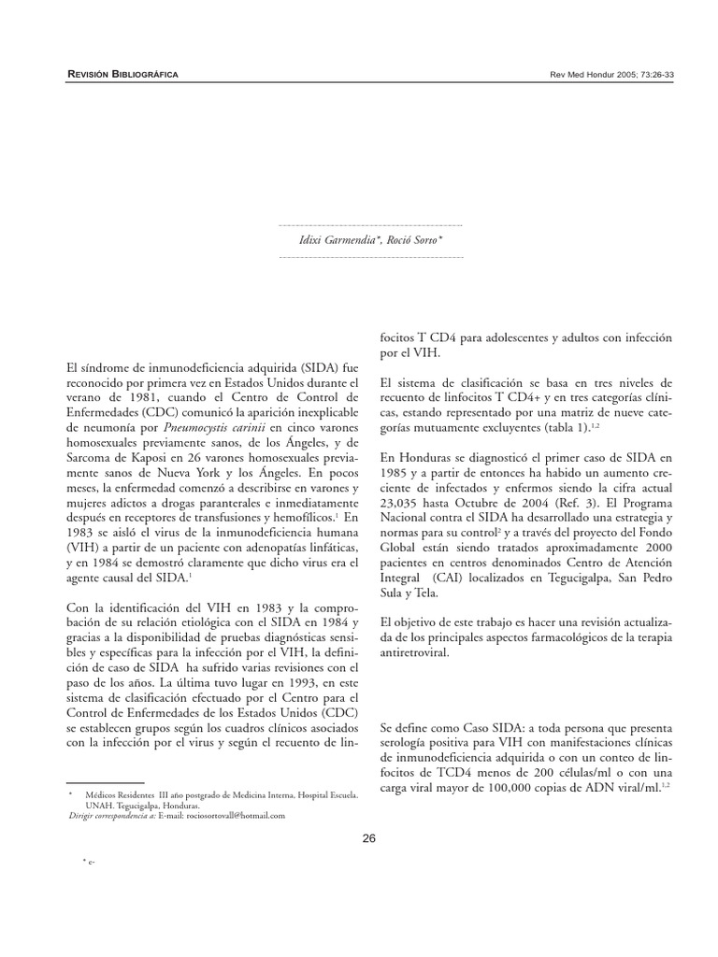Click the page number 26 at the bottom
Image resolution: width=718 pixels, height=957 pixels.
[368, 837]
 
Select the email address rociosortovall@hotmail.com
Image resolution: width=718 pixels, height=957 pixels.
[236, 815]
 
